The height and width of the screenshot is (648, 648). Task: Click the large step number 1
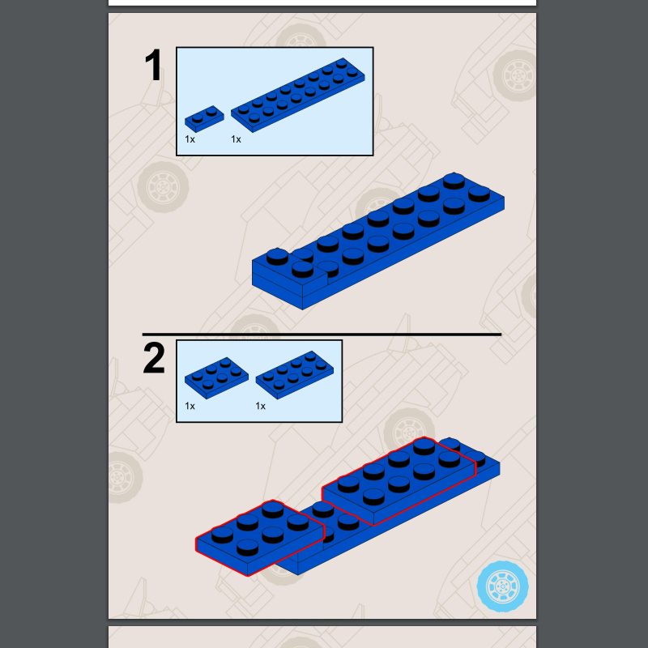coord(153,66)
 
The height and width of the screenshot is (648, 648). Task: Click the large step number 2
coord(154,357)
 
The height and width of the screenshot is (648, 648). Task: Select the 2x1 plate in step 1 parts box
coord(204,118)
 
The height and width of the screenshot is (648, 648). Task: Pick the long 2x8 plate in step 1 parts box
coord(297,95)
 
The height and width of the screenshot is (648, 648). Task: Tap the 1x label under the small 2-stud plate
coord(190,139)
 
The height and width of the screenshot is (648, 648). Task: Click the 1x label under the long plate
coord(236,139)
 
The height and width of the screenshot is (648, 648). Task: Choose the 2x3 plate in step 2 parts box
coord(216,377)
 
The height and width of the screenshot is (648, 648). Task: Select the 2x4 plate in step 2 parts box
coord(295,375)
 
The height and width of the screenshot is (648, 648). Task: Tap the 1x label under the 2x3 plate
coord(190,406)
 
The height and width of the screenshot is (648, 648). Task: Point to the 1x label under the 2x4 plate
coord(260,406)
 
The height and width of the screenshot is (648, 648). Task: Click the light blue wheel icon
coord(502,586)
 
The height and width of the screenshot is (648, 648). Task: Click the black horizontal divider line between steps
coord(322,334)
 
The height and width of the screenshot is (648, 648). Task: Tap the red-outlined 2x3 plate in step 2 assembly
coord(259,537)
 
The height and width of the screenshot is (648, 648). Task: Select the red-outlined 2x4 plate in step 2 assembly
coord(399,480)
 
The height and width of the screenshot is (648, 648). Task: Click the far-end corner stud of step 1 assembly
coord(454,181)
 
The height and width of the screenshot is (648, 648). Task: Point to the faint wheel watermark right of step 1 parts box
coord(515,75)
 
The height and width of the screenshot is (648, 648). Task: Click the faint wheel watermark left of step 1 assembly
coord(163,187)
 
